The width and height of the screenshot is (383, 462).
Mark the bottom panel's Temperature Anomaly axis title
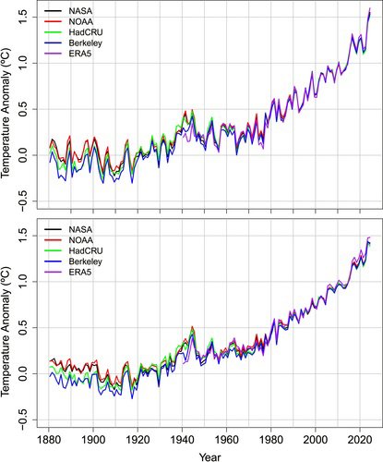coord(8,325)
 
